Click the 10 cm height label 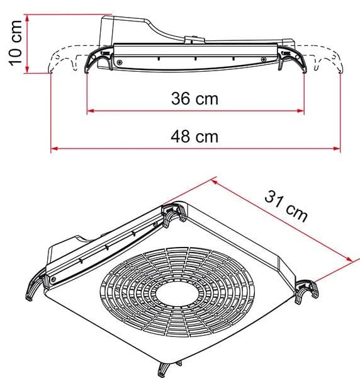[x=16, y=43]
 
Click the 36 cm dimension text [x=194, y=99]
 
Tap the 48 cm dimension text [x=194, y=137]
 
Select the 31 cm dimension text [x=286, y=206]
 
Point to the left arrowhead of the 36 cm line [x=90, y=111]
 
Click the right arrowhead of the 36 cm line [x=301, y=111]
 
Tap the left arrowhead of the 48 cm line [x=54, y=149]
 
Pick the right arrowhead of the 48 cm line [x=337, y=149]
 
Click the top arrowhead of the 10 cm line [x=27, y=18]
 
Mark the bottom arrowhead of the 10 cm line [x=27, y=69]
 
